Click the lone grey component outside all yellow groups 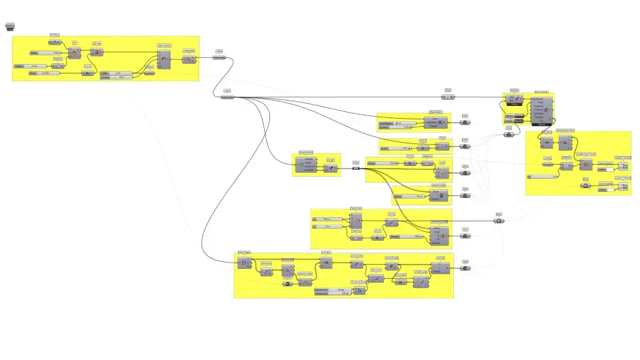coord(10,27)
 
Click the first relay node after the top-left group coord(219,57)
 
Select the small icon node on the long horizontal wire coord(449,97)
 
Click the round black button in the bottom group coord(287,284)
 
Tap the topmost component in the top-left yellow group coord(55,42)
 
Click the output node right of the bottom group coord(465,268)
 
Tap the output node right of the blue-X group coord(465,123)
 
